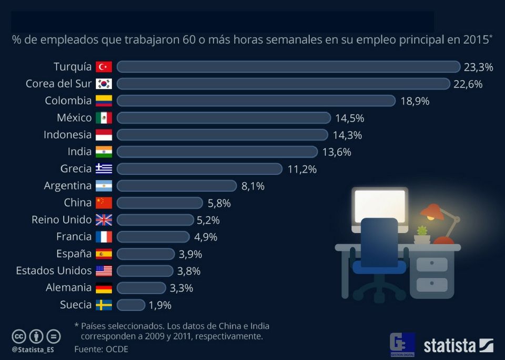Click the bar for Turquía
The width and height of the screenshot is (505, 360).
pyautogui.click(x=288, y=67)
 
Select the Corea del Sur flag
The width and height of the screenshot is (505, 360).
pyautogui.click(x=104, y=84)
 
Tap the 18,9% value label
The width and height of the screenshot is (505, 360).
pyautogui.click(x=415, y=101)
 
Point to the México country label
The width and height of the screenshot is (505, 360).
pyautogui.click(x=74, y=118)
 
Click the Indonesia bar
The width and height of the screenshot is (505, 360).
pyautogui.click(x=222, y=135)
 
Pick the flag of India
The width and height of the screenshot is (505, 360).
pyautogui.click(x=104, y=152)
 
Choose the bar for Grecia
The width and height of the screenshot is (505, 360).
pyautogui.click(x=199, y=169)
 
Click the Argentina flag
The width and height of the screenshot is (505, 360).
pyautogui.click(x=104, y=186)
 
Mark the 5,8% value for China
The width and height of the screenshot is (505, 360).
pyautogui.click(x=219, y=203)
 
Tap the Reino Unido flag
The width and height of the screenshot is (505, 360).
pyautogui.click(x=104, y=220)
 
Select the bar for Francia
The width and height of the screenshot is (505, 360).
pyautogui.click(x=153, y=237)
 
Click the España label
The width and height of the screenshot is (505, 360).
pyautogui.click(x=74, y=254)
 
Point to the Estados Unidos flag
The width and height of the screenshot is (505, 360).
pyautogui.click(x=104, y=271)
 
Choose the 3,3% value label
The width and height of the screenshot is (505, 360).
pyautogui.click(x=181, y=288)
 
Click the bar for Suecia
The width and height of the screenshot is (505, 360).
pyautogui.click(x=130, y=305)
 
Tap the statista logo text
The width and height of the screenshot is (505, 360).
pyautogui.click(x=450, y=346)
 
